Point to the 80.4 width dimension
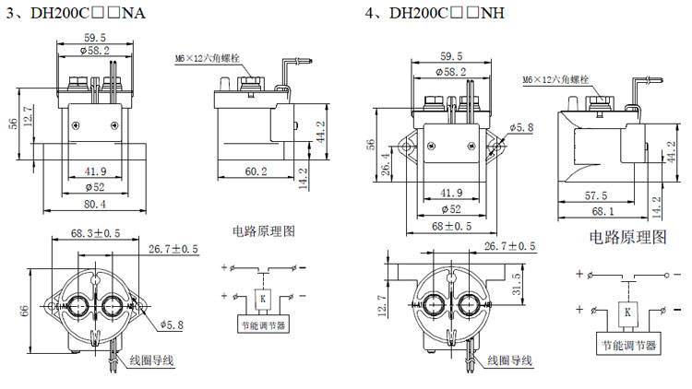tap(95, 204)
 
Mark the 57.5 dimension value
tap(595, 195)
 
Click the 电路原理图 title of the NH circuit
tap(627, 237)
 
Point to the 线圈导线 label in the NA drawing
tap(151, 360)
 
